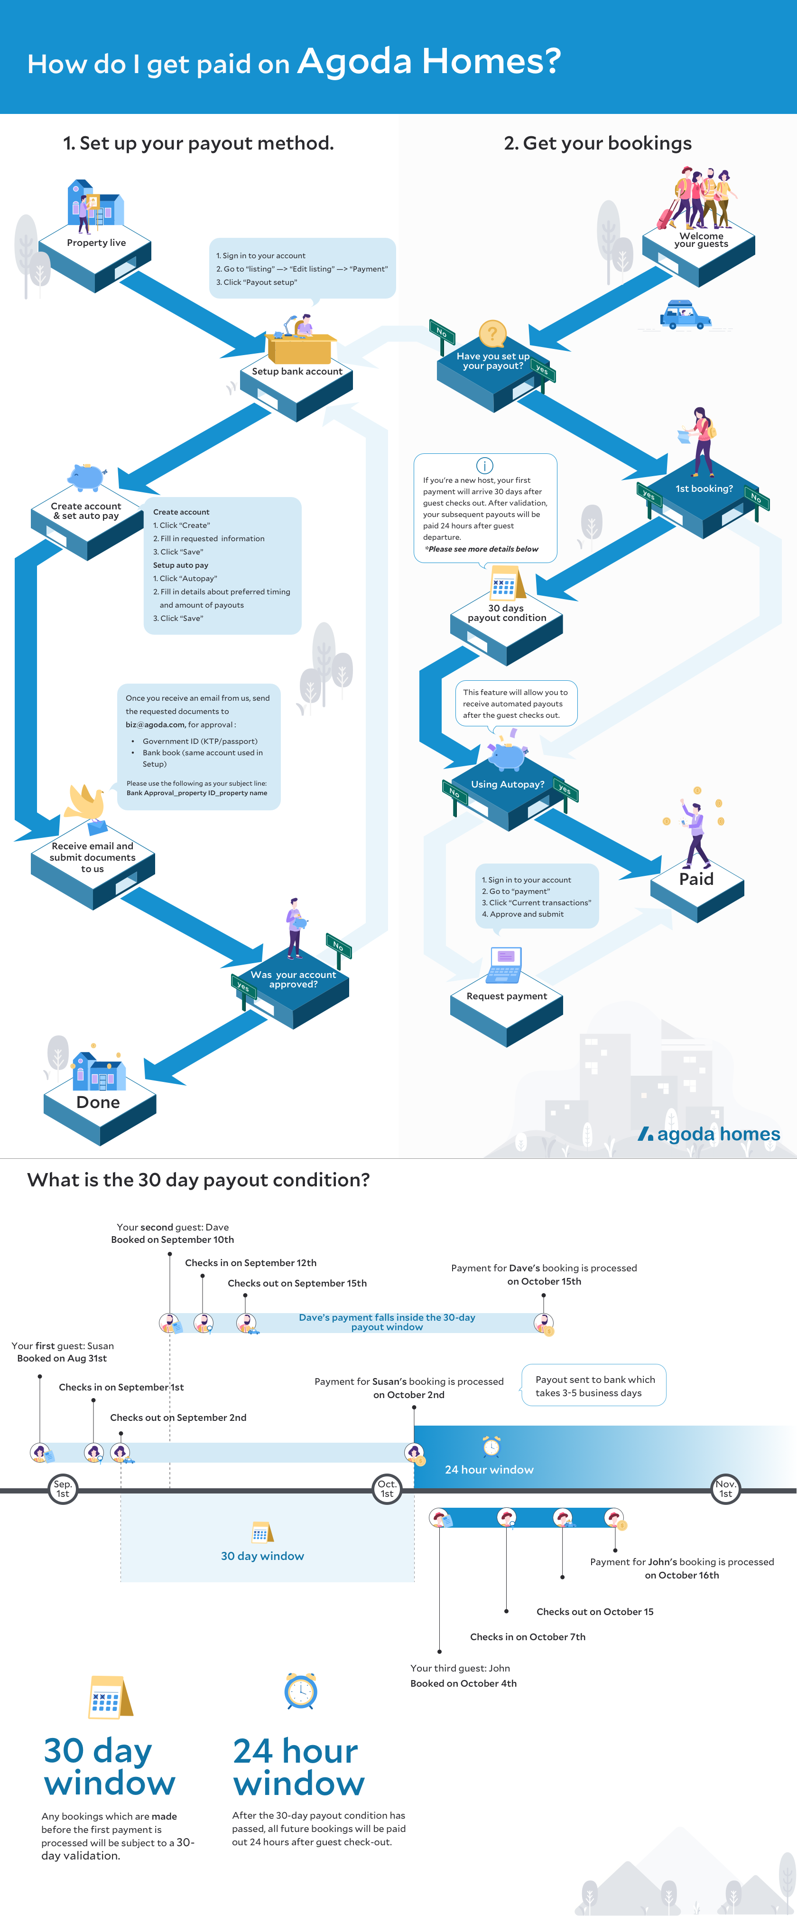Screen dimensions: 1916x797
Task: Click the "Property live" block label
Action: (x=97, y=243)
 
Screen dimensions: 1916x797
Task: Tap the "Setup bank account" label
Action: (x=297, y=371)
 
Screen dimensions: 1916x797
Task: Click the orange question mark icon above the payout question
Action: (x=492, y=334)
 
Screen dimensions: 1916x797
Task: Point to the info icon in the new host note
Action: (x=484, y=466)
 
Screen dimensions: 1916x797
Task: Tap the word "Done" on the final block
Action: (x=98, y=1102)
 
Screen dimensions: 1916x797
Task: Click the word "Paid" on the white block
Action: (x=696, y=879)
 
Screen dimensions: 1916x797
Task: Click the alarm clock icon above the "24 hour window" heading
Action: (x=300, y=1691)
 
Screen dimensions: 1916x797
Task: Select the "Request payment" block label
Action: (x=506, y=996)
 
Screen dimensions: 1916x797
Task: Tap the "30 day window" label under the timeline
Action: (x=262, y=1556)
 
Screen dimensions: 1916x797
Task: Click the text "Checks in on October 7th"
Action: (x=527, y=1637)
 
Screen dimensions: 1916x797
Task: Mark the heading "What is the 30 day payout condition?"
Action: (x=198, y=1180)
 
